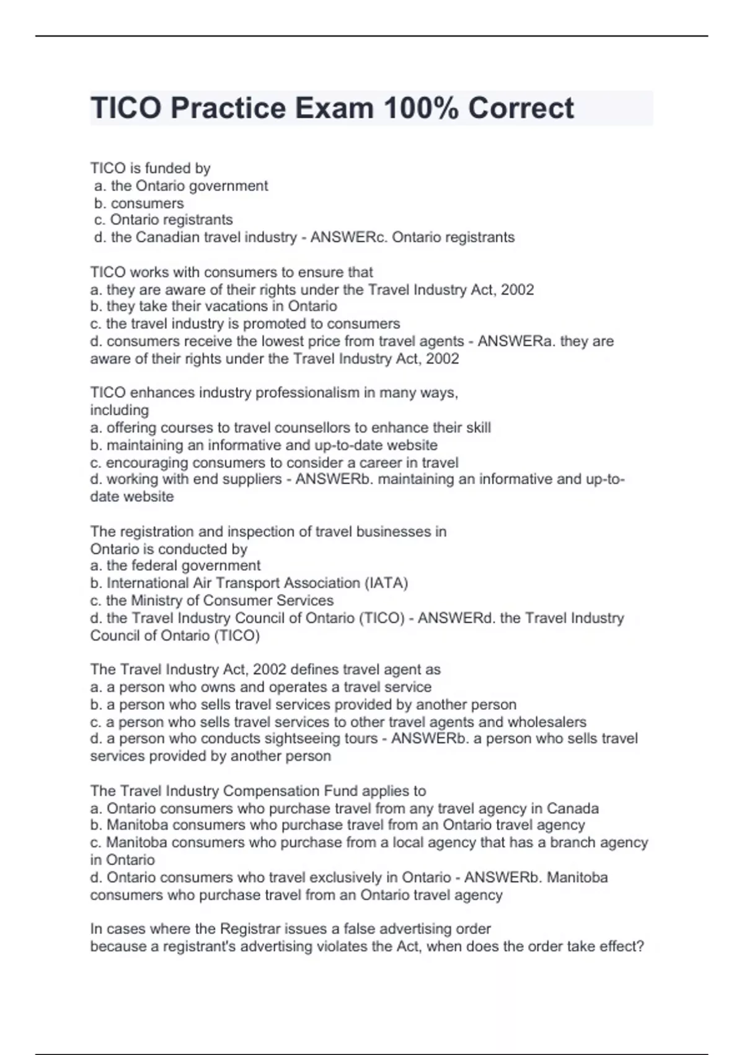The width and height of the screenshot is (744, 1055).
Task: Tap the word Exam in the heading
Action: (334, 108)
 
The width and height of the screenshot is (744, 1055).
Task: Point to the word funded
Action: (167, 168)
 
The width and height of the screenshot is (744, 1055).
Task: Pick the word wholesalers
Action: (547, 722)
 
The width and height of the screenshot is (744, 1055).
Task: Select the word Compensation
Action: (271, 791)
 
